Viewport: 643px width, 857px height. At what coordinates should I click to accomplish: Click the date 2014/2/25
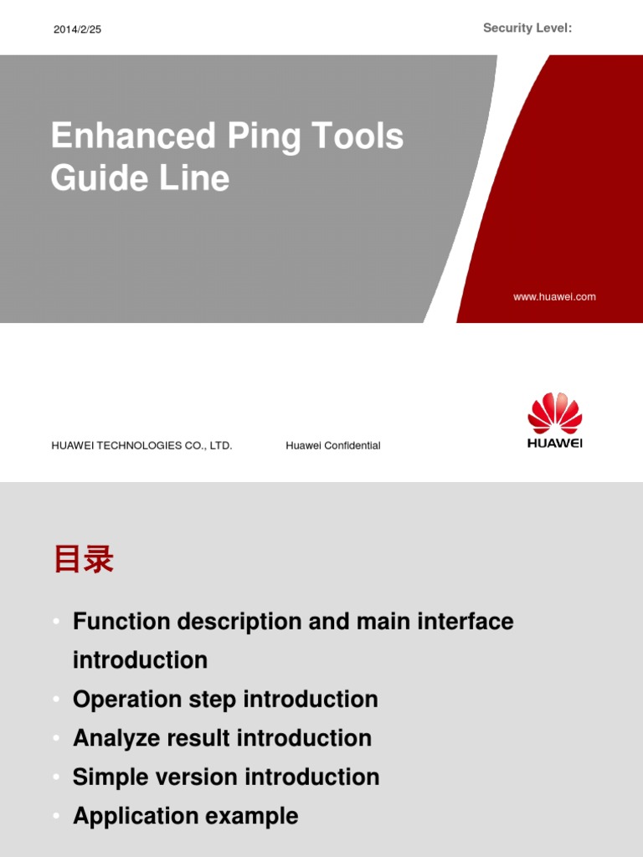(x=77, y=29)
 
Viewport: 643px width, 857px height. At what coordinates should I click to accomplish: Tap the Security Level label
(x=527, y=28)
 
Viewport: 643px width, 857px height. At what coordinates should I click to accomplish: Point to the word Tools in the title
(x=359, y=136)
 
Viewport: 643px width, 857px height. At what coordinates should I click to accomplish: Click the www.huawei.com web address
(x=554, y=296)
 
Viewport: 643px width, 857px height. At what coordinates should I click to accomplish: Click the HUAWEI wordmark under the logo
(x=554, y=443)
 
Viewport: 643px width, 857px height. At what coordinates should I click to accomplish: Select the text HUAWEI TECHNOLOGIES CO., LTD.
(x=141, y=445)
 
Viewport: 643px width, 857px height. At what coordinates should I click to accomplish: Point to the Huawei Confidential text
(x=333, y=445)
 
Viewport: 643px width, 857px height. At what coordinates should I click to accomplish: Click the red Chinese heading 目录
(x=83, y=560)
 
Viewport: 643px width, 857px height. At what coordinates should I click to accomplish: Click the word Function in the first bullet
(x=121, y=622)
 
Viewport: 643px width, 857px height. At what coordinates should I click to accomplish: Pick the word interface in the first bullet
(x=464, y=622)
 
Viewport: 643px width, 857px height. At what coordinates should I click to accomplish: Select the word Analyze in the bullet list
(x=115, y=738)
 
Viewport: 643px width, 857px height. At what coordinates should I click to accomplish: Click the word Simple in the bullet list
(x=107, y=777)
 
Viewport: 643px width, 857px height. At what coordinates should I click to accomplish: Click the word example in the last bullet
(x=255, y=816)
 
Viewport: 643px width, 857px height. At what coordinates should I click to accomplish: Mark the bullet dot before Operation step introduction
(x=56, y=700)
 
